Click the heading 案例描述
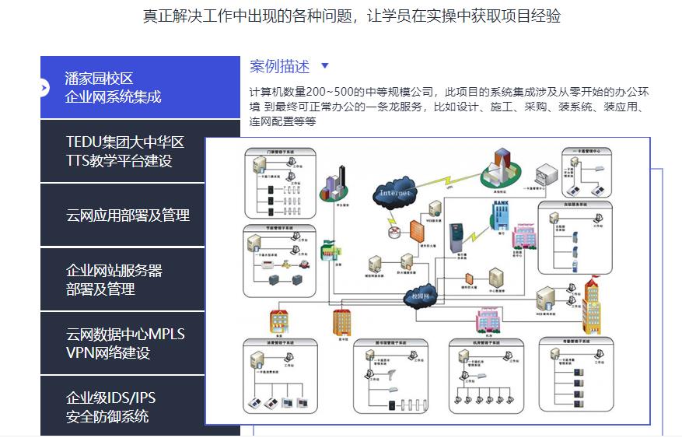(279, 67)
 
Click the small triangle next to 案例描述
(325, 67)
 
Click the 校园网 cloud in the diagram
(421, 296)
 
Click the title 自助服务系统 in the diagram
(575, 204)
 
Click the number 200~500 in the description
(334, 91)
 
